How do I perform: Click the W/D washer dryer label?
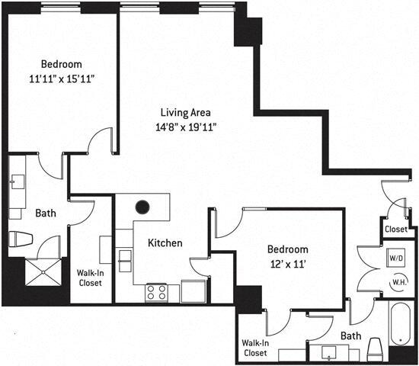pos(396,258)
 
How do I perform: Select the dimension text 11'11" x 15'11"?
pos(61,77)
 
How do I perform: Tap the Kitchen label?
pos(165,243)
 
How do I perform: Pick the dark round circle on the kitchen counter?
pos(142,207)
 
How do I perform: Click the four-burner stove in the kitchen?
pos(157,292)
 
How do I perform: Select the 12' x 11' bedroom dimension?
pos(288,263)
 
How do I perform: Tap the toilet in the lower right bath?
pos(375,348)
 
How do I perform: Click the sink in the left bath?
pos(18,181)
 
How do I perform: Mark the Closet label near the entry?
pos(396,229)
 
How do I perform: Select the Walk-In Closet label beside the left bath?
pos(90,278)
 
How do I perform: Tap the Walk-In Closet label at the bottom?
pos(255,348)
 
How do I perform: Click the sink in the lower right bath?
pos(329,352)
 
